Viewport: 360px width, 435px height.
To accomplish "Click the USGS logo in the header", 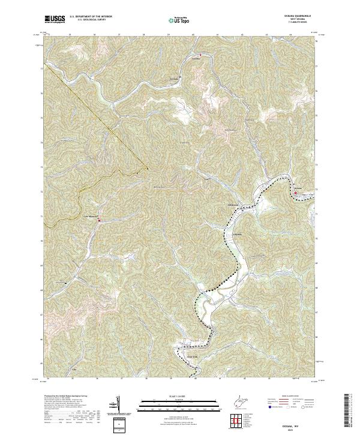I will [x=55, y=19].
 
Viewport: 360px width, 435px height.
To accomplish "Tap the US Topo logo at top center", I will [x=181, y=19].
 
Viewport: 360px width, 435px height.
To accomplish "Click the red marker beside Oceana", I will [x=295, y=193].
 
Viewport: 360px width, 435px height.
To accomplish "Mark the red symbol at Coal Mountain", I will [x=100, y=220].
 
